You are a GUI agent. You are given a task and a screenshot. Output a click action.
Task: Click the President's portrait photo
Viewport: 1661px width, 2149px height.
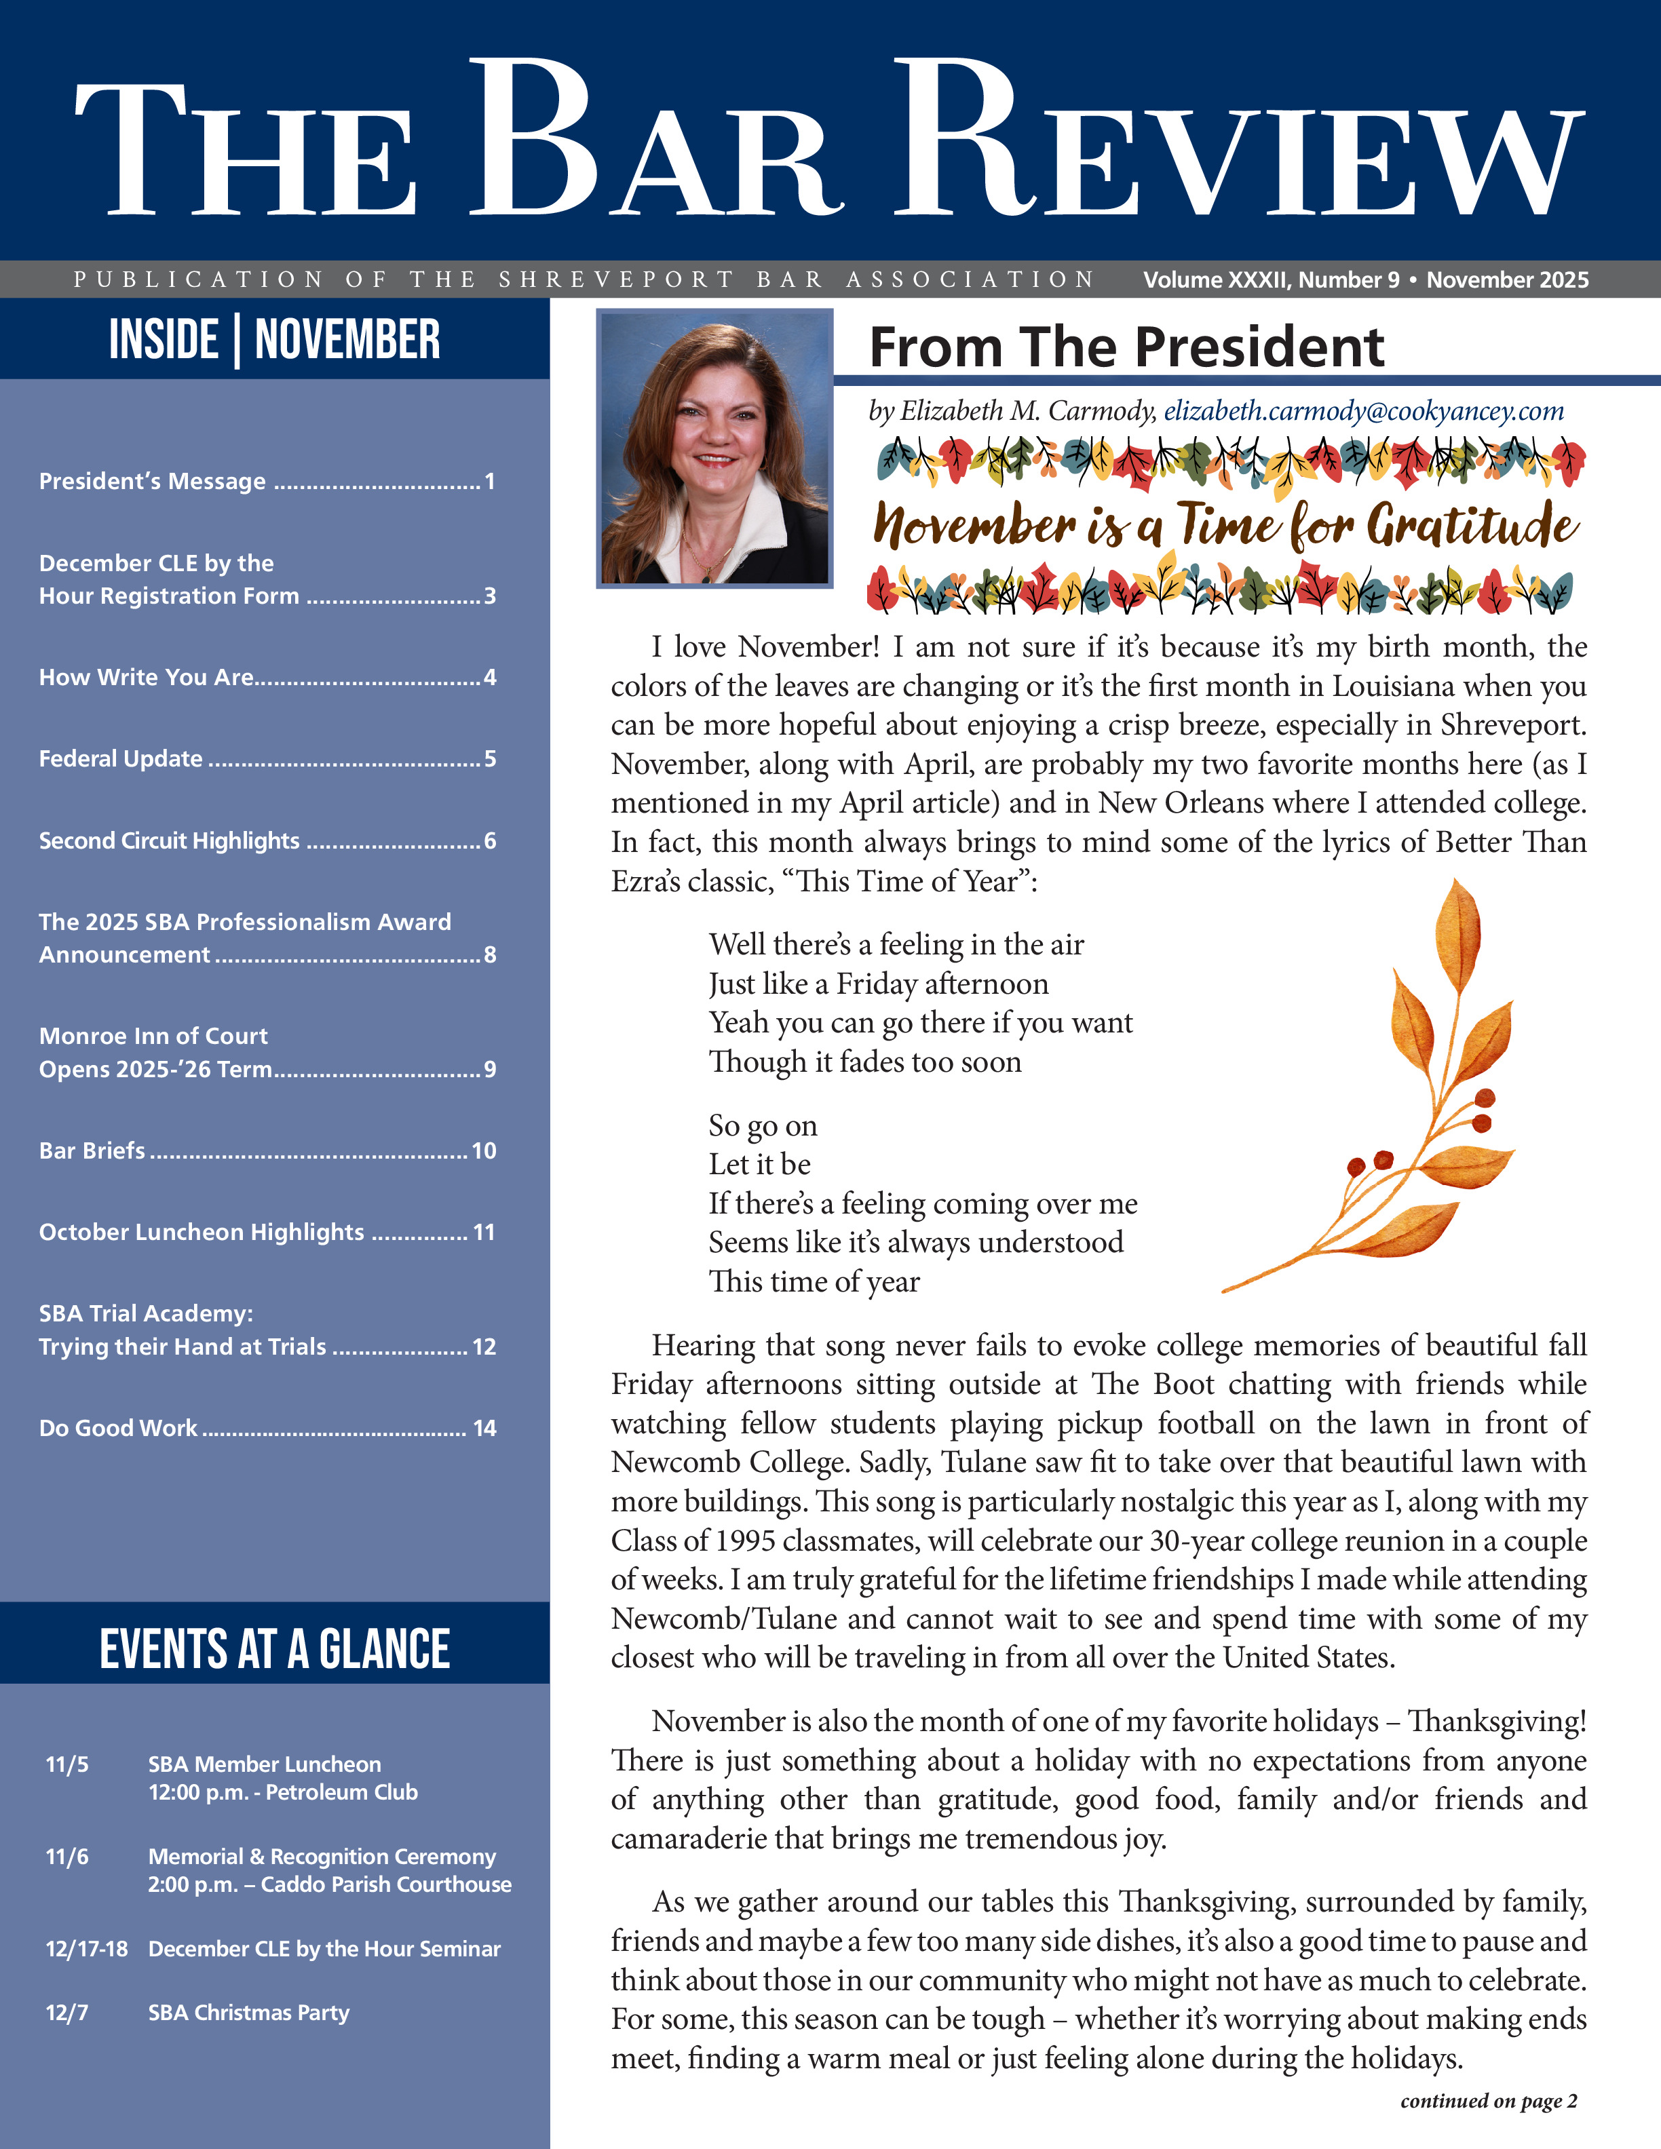(714, 448)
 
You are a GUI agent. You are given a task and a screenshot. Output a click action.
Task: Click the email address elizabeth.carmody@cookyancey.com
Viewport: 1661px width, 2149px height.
(1363, 411)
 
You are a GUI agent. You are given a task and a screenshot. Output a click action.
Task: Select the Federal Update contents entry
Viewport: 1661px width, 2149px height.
(121, 758)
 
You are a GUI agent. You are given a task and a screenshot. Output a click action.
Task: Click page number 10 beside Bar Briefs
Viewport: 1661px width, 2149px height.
(483, 1150)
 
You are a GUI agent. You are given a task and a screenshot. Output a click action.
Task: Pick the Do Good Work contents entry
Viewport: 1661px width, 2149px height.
(118, 1428)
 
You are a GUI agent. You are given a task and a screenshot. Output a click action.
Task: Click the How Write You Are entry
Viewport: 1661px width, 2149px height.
(147, 677)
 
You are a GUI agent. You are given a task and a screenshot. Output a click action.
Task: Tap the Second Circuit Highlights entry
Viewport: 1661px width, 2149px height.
(169, 840)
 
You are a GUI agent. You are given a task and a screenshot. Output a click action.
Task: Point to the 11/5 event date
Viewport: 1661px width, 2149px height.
(67, 1764)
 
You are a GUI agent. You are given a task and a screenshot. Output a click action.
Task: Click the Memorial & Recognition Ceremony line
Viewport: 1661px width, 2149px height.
(322, 1856)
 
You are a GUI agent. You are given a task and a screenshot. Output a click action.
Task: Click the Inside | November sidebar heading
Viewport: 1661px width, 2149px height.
(275, 339)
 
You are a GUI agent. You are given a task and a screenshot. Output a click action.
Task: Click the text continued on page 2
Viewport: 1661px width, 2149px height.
(1488, 2101)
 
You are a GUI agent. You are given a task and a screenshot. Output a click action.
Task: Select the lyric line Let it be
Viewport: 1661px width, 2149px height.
(760, 1164)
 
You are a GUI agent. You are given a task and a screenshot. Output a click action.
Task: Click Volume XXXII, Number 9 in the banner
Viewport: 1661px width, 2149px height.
(1270, 280)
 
